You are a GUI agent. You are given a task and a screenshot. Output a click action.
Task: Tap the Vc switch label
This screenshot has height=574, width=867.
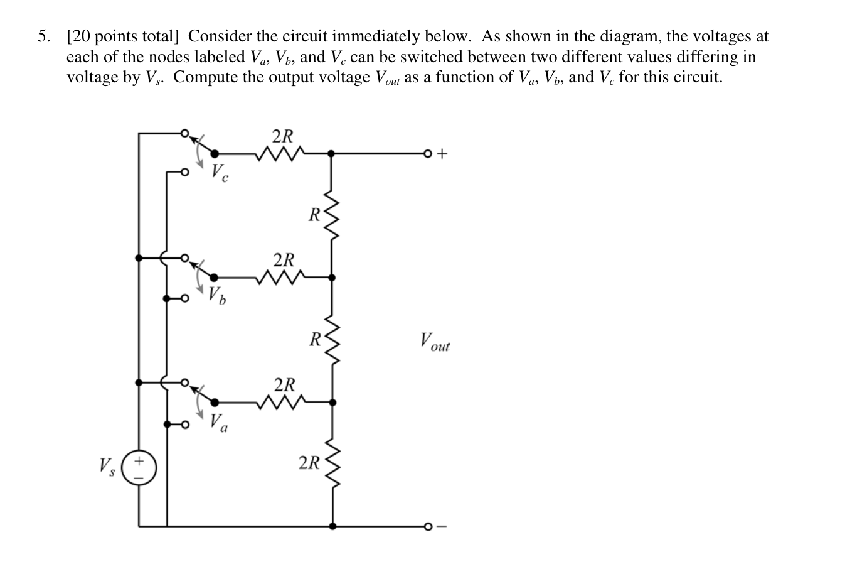[219, 171]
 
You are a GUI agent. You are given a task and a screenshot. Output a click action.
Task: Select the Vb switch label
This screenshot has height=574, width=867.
[217, 295]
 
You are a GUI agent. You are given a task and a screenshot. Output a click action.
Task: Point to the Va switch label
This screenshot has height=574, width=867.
[218, 422]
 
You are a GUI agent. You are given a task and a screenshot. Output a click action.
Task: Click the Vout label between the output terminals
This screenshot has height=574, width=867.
[435, 342]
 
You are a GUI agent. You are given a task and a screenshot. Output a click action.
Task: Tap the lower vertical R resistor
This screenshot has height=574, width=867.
[332, 340]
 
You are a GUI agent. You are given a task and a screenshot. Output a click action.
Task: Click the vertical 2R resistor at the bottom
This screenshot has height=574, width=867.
[332, 463]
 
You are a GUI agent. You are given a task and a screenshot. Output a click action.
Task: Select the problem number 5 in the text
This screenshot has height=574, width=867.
[43, 36]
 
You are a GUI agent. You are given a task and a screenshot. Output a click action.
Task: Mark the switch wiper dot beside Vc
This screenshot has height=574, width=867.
[214, 153]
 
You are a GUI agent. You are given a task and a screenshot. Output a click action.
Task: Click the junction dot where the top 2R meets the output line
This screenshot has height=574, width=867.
[332, 153]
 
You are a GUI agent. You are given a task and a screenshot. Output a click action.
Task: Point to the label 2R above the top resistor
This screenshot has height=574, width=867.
[282, 136]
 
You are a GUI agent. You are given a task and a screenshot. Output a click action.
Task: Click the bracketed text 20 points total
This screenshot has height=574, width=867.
[123, 36]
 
